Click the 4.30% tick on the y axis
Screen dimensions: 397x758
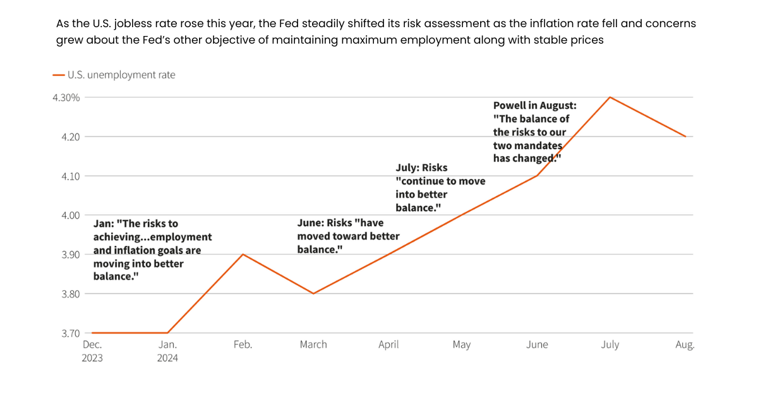pos(66,97)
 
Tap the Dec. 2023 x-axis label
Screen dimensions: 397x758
pos(92,351)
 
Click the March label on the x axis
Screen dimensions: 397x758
pos(313,345)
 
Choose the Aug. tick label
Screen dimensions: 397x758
pos(685,345)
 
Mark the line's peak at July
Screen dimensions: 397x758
pos(610,97)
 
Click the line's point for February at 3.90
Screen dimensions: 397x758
pos(243,255)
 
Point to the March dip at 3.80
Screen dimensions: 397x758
pos(313,293)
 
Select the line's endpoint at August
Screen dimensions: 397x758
pos(685,137)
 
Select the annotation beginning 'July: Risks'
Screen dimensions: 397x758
pos(440,188)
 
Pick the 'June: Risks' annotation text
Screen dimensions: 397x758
pos(348,236)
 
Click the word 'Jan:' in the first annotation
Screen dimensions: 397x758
pos(104,224)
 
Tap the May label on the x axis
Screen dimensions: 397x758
pos(462,345)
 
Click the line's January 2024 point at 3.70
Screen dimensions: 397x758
pos(168,333)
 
